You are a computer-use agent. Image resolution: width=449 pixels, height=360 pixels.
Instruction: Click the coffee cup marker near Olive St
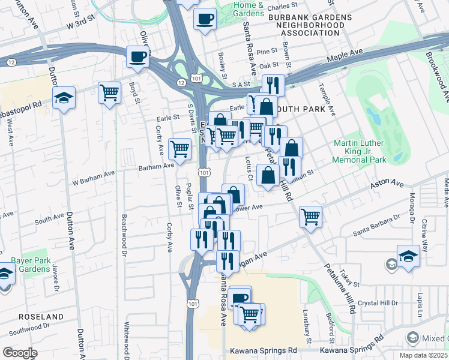coord(137,58)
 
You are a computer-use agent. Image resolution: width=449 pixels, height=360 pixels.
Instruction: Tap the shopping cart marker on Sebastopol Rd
coord(109,92)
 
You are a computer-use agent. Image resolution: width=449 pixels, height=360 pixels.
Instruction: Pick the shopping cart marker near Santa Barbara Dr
coord(310,217)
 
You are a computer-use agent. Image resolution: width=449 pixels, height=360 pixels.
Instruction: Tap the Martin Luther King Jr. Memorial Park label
coord(360,152)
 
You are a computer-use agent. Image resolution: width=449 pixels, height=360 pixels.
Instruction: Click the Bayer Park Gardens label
coord(31,265)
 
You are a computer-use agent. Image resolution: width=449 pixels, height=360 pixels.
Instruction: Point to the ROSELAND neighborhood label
coord(41,316)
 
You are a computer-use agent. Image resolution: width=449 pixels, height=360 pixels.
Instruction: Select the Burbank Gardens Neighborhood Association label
coord(307,26)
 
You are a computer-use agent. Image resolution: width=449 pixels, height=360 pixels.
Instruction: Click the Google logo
coord(20,353)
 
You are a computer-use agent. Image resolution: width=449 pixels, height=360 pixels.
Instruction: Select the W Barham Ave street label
coord(93,175)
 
